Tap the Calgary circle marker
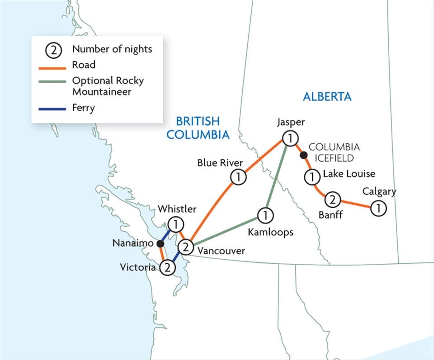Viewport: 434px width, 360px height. coord(378,208)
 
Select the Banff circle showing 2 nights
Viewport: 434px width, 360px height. coord(332,199)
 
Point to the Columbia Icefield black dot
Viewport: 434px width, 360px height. coord(304,155)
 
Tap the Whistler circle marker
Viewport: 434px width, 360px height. coord(175,224)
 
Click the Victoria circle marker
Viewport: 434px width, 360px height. coord(167,267)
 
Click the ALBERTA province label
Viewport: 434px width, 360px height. coord(327,97)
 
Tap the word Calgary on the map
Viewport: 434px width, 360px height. coord(379,192)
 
